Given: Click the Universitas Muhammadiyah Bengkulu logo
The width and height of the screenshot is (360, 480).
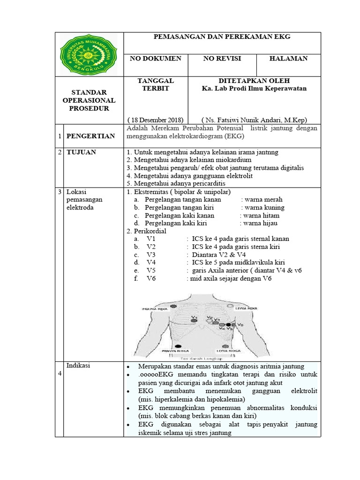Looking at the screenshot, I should (89, 54).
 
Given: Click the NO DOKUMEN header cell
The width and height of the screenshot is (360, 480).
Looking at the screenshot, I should (155, 59).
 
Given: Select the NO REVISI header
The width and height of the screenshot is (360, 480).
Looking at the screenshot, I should (222, 59).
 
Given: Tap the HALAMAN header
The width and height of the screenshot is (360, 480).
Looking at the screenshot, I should (288, 59).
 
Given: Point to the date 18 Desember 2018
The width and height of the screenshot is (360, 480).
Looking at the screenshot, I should (155, 119).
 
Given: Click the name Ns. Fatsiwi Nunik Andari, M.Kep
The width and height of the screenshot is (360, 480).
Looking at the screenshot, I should (254, 119).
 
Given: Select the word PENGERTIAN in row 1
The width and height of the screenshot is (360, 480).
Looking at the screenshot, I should (90, 136).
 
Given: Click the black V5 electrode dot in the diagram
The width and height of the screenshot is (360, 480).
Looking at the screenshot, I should (229, 325).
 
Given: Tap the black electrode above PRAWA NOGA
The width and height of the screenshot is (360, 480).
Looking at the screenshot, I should (178, 346).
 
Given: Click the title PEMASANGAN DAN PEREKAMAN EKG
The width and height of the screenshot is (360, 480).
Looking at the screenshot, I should (222, 37).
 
